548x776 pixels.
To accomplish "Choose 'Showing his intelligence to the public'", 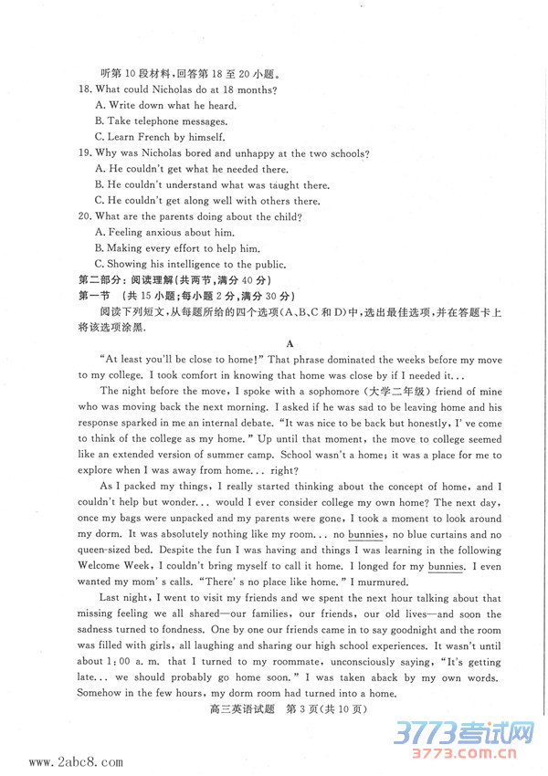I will click(195, 265).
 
